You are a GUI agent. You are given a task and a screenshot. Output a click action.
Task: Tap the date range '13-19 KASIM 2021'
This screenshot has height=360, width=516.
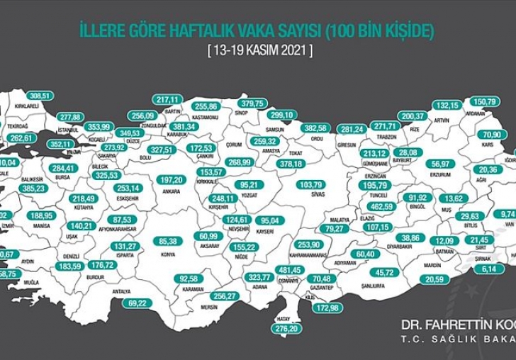click(x=259, y=52)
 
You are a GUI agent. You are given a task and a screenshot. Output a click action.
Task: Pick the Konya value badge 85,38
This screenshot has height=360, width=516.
click(x=168, y=241)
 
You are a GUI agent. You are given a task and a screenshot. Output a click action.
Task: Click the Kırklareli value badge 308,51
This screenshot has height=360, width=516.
click(x=40, y=96)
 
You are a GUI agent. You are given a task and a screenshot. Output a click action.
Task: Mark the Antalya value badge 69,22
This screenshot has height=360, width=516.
click(x=137, y=303)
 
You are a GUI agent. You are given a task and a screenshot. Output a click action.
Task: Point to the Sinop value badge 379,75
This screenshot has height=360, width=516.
click(x=252, y=103)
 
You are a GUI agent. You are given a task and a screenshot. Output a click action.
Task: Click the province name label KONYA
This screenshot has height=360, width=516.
click(x=169, y=254)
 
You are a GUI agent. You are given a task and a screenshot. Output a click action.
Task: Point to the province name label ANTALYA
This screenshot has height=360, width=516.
click(x=122, y=291)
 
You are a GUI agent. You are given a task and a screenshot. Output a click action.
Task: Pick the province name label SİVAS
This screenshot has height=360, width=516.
click(x=319, y=193)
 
